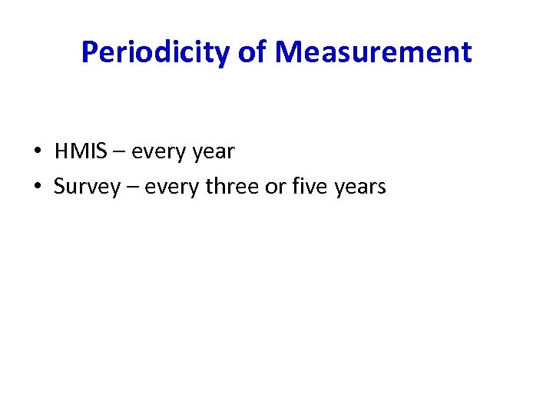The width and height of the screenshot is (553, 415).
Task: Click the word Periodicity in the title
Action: (154, 53)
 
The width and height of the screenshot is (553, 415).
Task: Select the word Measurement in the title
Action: (373, 53)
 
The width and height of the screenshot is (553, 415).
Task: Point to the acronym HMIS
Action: (79, 151)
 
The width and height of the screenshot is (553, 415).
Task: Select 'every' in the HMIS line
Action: (154, 152)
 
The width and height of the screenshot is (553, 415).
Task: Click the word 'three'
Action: (231, 186)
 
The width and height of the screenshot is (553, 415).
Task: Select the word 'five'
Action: (308, 186)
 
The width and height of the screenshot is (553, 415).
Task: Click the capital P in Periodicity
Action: (90, 53)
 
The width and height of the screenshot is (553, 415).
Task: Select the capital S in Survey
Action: (59, 186)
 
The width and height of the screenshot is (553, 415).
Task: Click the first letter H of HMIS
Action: (61, 151)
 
